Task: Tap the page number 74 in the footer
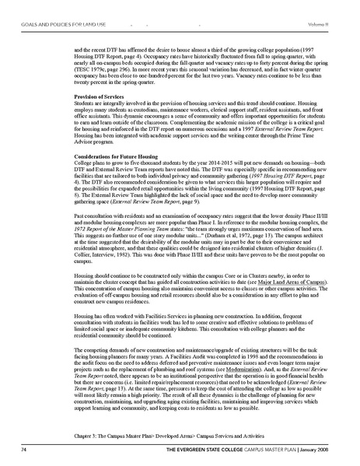point(27,450)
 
